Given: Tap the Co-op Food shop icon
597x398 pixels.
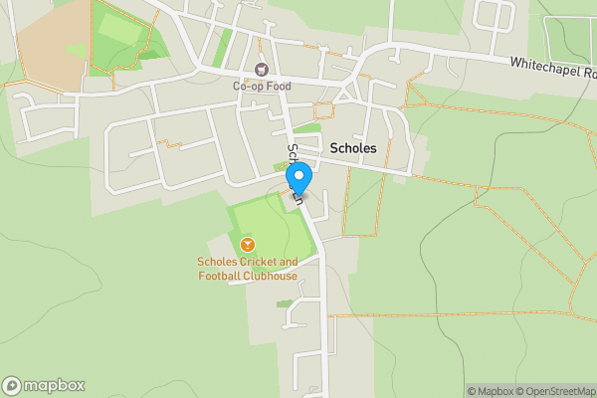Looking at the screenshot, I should [262, 69].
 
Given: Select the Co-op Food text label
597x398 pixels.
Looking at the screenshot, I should [262, 86].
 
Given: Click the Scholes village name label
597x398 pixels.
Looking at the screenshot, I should [353, 147].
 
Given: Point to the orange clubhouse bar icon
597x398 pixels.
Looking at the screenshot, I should [247, 244].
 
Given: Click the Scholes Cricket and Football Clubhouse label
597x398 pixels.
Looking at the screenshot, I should [247, 269].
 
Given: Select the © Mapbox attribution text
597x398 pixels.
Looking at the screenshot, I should [493, 391].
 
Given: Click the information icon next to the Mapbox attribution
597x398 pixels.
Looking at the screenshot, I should [459, 391].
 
